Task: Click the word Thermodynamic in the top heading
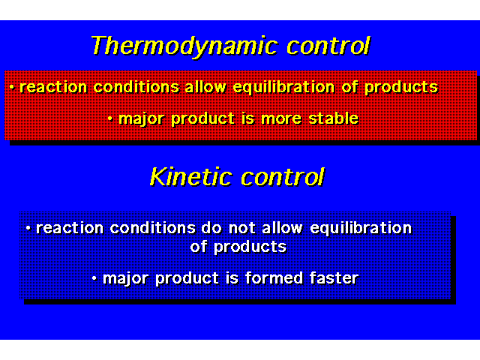[184, 46]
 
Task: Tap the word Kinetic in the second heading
[191, 177]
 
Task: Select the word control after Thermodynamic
[328, 46]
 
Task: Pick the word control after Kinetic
[282, 177]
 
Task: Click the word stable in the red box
[333, 118]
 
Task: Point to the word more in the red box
[281, 118]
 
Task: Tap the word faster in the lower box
[334, 278]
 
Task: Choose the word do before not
[211, 228]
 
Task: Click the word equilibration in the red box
[283, 88]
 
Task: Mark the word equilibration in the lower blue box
[361, 228]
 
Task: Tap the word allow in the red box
[205, 87]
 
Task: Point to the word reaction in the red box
[53, 87]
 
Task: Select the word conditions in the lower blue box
[152, 228]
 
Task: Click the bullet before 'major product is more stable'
[110, 118]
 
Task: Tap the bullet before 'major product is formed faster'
[94, 278]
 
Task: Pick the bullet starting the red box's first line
[12, 88]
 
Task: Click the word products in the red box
[401, 88]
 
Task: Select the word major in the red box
[141, 118]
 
